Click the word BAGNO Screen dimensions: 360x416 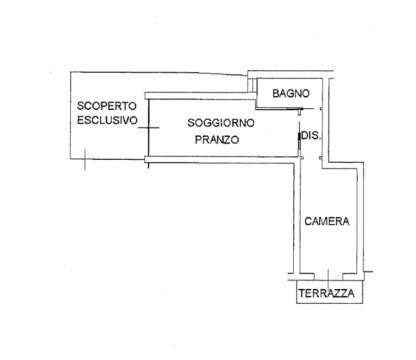291,94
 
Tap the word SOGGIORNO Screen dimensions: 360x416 221,123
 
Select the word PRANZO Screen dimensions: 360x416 217,139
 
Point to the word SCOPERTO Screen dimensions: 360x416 107,106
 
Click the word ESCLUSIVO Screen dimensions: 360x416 107,121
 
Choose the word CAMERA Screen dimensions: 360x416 327,221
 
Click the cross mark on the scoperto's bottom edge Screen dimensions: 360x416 84,158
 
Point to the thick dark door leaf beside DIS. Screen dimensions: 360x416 299,136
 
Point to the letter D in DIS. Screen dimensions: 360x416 306,136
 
